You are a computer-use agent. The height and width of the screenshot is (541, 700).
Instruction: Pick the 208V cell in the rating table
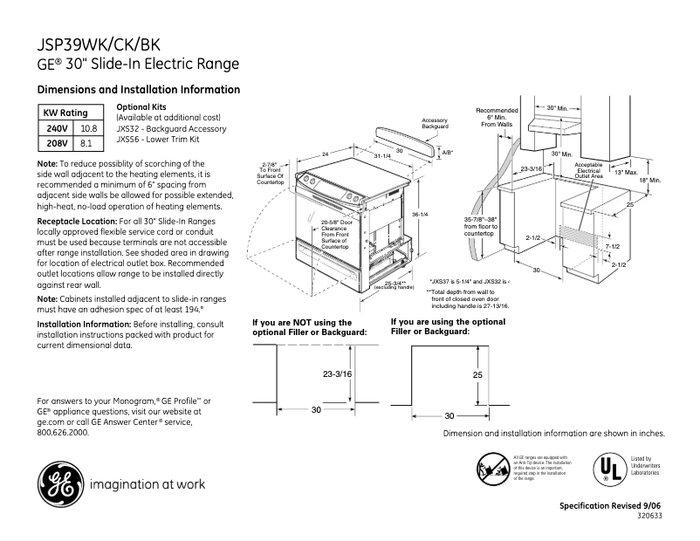tap(56, 142)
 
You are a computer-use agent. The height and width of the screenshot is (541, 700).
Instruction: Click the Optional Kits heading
tap(141, 106)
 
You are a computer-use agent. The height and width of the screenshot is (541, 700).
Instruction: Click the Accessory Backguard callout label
tap(435, 123)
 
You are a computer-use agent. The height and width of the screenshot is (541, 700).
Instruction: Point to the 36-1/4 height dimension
tap(419, 215)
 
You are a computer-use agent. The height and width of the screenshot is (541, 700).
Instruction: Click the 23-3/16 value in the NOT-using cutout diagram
tap(337, 373)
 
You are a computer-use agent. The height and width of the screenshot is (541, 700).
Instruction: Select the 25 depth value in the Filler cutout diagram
tap(477, 373)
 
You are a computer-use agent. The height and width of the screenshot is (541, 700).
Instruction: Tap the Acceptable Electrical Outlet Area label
tap(588, 170)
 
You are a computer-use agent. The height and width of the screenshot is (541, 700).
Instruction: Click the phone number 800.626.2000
tap(63, 432)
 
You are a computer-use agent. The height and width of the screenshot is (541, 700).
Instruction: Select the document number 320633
tap(650, 517)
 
